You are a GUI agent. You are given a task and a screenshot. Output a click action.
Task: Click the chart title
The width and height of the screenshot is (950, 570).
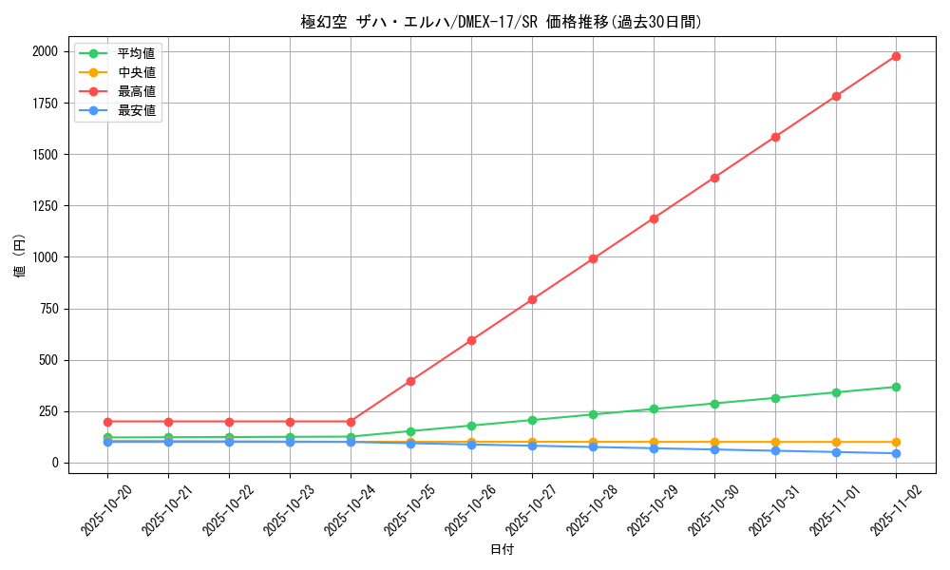502,22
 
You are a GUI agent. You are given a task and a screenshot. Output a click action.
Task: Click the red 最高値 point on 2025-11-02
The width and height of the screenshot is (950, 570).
896,56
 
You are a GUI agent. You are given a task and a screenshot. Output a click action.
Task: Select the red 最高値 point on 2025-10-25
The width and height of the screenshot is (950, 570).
410,381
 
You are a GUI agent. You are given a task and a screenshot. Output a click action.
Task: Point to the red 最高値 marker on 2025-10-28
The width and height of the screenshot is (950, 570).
593,258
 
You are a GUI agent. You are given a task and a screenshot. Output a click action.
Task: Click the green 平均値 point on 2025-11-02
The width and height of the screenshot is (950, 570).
896,387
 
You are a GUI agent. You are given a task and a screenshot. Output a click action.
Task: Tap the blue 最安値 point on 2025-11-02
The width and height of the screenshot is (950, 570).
896,453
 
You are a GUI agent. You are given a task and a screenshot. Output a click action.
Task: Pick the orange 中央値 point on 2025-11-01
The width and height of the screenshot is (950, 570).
836,442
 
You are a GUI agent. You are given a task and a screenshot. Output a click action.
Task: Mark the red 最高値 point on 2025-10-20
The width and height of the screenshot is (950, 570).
107,422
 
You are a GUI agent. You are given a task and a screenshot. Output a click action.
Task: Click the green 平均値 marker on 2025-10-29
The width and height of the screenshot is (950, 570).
654,409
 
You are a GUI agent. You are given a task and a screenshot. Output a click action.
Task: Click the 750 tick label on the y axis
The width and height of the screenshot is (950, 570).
47,309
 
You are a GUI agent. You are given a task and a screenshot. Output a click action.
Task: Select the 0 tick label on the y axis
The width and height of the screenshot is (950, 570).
54,463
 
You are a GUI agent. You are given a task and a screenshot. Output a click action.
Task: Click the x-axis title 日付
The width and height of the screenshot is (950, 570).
502,550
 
